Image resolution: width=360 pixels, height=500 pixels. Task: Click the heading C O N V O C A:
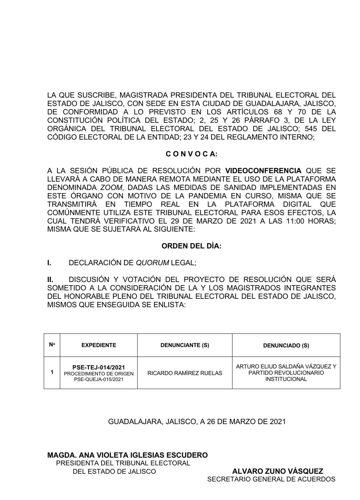point(191,154)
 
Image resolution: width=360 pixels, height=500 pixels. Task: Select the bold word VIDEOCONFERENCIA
point(263,171)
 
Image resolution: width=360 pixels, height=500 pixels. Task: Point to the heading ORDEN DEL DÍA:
point(191,246)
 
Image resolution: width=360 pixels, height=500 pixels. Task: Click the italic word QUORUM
point(152,263)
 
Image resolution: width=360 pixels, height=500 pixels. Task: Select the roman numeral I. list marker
point(49,263)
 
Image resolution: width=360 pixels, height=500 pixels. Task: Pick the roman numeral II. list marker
point(50,280)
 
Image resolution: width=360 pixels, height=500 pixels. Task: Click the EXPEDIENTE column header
point(98,345)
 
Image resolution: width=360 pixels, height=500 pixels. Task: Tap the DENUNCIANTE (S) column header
point(185,345)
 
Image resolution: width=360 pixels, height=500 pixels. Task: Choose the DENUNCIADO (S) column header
point(286,345)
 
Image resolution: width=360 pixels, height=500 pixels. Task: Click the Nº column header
point(52,345)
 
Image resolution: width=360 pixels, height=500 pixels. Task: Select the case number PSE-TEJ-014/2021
point(98,367)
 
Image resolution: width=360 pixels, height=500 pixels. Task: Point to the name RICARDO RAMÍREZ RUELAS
point(185,373)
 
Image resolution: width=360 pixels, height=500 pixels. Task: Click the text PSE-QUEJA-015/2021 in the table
point(98,379)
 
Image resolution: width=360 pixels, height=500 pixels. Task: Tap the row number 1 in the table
point(52,372)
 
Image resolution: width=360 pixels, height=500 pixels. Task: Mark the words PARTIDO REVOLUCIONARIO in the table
point(286,373)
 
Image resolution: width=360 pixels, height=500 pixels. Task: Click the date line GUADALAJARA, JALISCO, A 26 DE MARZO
point(197,422)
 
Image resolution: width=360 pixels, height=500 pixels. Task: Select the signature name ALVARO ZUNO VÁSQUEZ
point(277,471)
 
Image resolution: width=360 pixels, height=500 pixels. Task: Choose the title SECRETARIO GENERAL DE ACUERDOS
point(271,479)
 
